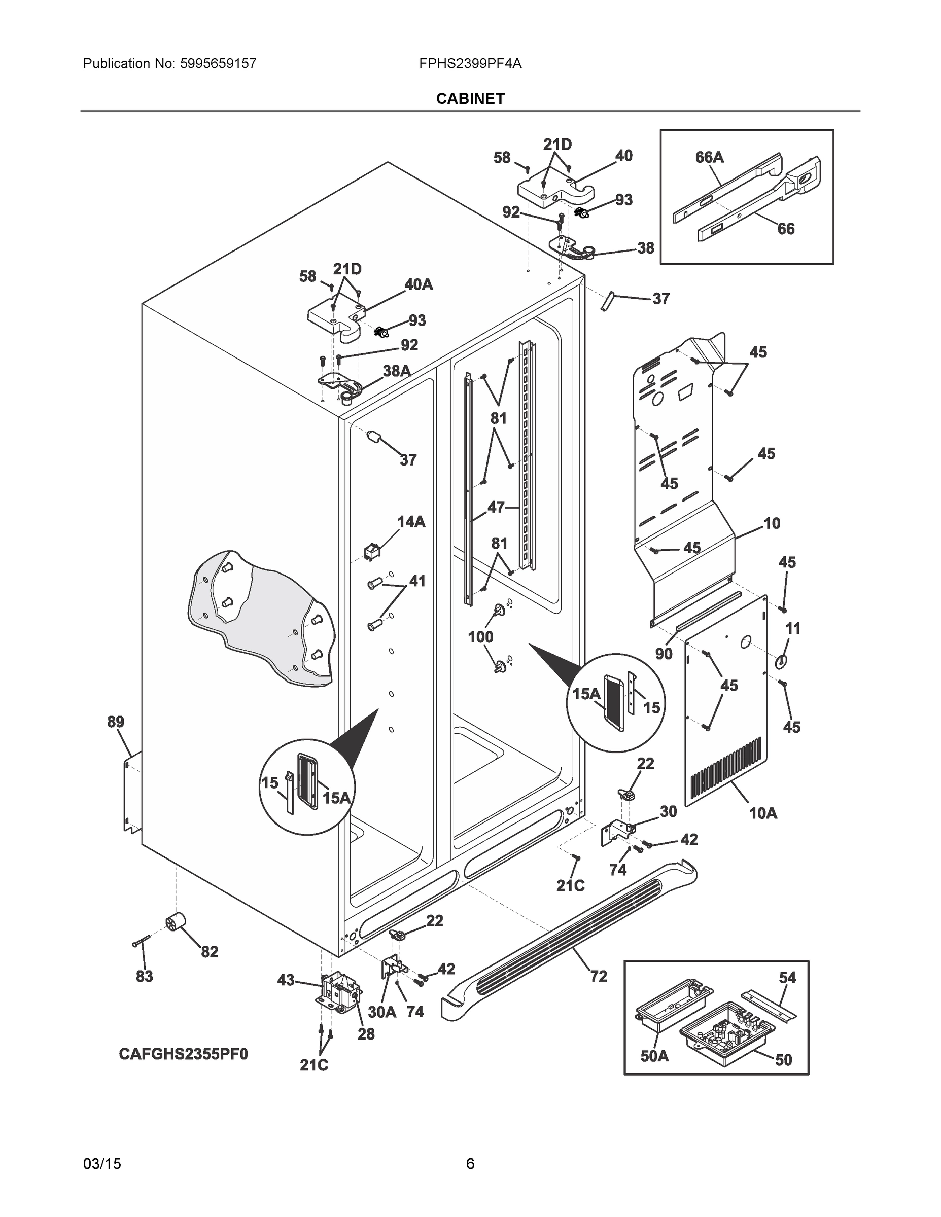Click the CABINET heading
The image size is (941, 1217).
coord(470,99)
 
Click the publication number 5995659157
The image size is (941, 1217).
coord(218,63)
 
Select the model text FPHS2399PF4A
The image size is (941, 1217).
coord(470,63)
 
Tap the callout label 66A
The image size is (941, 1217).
coord(709,158)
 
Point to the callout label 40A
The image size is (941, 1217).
coord(418,285)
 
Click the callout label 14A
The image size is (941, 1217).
coord(411,522)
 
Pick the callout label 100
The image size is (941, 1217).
coord(480,637)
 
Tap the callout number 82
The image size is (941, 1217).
coord(209,952)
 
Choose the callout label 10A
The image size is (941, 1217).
coord(762,813)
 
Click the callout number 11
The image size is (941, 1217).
coord(792,629)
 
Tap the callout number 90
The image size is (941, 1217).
coord(664,654)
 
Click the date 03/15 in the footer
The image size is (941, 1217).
coord(102,1164)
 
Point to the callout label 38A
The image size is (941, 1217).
coord(396,371)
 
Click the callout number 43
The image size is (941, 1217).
coord(286,980)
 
